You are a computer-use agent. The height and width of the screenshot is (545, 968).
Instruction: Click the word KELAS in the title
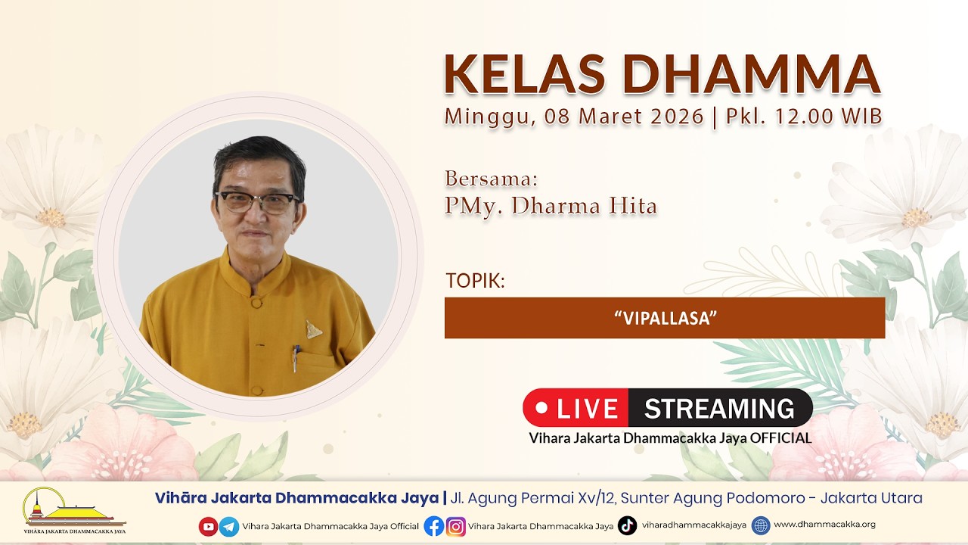pyautogui.click(x=525, y=74)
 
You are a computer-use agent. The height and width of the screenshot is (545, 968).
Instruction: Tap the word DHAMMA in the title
pyautogui.click(x=752, y=74)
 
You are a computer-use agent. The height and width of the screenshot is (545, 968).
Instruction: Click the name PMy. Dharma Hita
pyautogui.click(x=551, y=206)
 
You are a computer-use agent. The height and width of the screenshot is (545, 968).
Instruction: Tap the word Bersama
pyautogui.click(x=492, y=178)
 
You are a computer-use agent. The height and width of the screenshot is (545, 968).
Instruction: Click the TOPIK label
pyautogui.click(x=476, y=281)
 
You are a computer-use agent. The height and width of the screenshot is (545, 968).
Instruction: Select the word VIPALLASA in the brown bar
pyautogui.click(x=665, y=319)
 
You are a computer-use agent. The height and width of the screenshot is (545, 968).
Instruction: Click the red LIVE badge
pyautogui.click(x=576, y=408)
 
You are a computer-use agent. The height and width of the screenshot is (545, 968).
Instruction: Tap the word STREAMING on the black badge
pyautogui.click(x=719, y=408)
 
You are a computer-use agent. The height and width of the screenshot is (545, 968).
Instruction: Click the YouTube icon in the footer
pyautogui.click(x=208, y=526)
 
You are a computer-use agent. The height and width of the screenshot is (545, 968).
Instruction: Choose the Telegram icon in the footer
pyautogui.click(x=229, y=526)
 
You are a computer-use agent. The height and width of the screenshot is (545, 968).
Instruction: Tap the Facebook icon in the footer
pyautogui.click(x=434, y=526)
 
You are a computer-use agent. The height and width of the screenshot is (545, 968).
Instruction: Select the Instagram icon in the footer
pyautogui.click(x=456, y=526)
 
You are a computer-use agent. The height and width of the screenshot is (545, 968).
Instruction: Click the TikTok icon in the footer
pyautogui.click(x=627, y=525)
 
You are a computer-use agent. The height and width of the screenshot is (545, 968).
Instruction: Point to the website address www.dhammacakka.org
pyautogui.click(x=824, y=525)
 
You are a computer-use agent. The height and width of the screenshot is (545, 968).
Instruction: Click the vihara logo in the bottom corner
pyautogui.click(x=74, y=510)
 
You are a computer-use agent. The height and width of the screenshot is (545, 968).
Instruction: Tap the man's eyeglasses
pyautogui.click(x=258, y=202)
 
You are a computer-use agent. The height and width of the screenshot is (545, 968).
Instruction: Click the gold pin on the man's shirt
pyautogui.click(x=313, y=329)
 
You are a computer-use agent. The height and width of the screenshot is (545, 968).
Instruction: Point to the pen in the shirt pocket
pyautogui.click(x=296, y=358)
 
